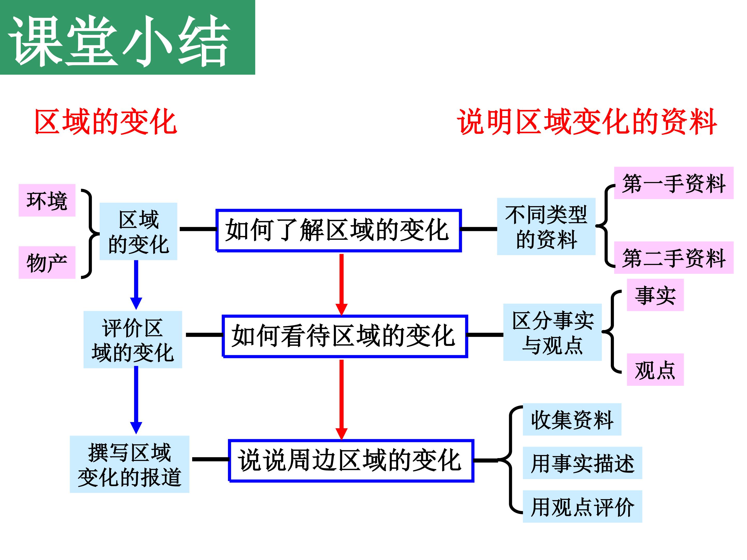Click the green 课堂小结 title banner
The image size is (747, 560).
[127, 37]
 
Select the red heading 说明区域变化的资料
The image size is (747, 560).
[587, 122]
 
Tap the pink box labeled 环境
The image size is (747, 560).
[47, 200]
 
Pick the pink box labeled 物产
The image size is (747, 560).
[47, 262]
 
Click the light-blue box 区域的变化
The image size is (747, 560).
[138, 231]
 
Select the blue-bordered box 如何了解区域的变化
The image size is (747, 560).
[338, 230]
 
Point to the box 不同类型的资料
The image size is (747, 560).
[546, 227]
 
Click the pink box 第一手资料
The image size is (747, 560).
[673, 183]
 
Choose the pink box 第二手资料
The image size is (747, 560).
[673, 257]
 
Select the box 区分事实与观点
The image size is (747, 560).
[552, 332]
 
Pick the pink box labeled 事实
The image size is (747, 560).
[655, 295]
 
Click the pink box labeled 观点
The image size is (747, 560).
[655, 370]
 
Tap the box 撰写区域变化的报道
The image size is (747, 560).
[129, 464]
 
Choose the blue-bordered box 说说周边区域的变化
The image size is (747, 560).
[351, 461]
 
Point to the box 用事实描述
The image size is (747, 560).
[582, 463]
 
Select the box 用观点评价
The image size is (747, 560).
[582, 506]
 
